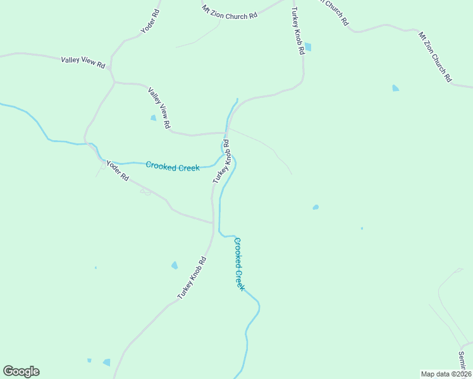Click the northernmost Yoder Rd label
(150, 21)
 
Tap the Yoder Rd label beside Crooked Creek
(118, 171)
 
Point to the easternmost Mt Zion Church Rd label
(434, 57)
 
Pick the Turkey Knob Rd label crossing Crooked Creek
(221, 166)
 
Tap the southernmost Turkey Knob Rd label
(192, 278)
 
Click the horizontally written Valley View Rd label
(83, 62)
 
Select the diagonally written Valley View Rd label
(159, 108)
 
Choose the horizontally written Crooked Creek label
(173, 167)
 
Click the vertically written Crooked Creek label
(239, 263)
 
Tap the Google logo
(21, 371)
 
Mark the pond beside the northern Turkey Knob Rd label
(308, 47)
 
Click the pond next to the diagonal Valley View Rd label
(153, 117)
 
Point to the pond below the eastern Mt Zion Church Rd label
(395, 88)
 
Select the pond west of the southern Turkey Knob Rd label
(175, 265)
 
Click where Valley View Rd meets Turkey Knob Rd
(225, 133)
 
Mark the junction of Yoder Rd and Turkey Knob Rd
(213, 222)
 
